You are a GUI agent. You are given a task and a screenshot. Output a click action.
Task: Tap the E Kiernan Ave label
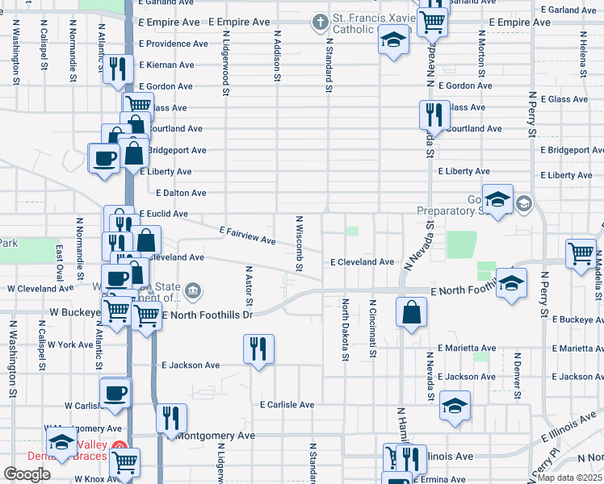coord(166,65)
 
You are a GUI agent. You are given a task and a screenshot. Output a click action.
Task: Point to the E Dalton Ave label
coord(182,193)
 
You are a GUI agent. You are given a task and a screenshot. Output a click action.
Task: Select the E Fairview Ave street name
coord(247,236)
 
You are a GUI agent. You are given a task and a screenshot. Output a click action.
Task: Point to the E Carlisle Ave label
coord(287,404)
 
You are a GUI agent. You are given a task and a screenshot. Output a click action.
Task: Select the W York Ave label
coord(71,344)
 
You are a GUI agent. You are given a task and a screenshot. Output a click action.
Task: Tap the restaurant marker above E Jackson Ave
coord(258,349)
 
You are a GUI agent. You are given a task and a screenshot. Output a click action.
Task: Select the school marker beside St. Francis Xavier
coord(393,40)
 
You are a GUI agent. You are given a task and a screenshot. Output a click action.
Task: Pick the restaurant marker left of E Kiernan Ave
coord(120,70)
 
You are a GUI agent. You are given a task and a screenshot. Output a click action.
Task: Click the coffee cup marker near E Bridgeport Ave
coord(103,157)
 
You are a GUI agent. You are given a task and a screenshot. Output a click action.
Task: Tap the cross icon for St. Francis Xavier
coord(321,20)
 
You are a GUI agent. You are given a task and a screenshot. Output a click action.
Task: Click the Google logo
coord(27,474)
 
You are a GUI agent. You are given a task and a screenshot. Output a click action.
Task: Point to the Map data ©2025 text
coord(571,478)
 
